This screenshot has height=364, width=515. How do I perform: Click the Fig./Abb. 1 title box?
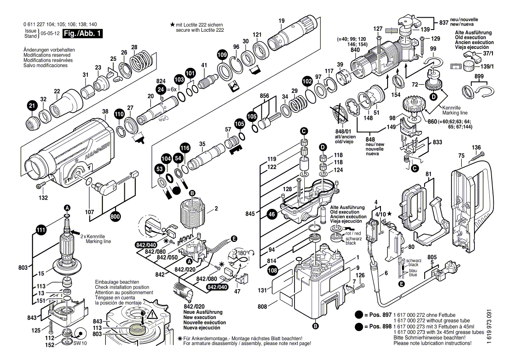82,33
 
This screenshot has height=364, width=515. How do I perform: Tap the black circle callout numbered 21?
31,106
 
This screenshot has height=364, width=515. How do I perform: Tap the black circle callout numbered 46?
272,215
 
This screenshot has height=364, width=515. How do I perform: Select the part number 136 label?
476,147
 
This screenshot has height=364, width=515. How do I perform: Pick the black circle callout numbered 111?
41,229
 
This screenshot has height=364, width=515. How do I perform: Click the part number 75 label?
461,155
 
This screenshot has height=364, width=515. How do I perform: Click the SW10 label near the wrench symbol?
79,342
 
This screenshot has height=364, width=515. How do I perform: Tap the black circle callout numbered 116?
185,149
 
